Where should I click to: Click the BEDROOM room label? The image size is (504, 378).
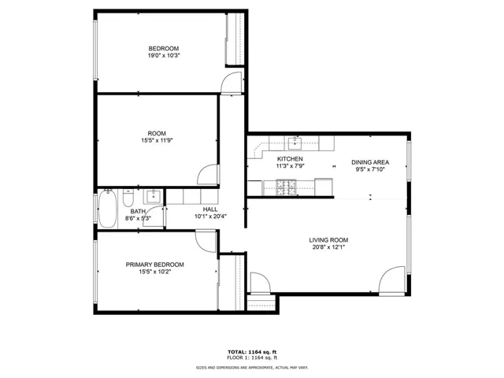[163, 49]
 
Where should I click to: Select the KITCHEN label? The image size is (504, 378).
[290, 159]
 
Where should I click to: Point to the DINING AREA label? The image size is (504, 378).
[370, 162]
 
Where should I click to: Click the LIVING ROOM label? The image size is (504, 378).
[328, 240]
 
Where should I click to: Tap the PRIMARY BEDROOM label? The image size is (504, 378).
[154, 265]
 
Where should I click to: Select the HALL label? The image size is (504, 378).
[210, 209]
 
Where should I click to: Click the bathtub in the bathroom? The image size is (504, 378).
[107, 209]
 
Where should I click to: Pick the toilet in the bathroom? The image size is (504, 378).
[128, 198]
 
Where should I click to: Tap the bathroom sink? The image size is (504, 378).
[153, 196]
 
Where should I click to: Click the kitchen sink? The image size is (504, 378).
[295, 143]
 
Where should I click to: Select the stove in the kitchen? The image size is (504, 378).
[286, 187]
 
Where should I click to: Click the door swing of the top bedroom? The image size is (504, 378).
[231, 83]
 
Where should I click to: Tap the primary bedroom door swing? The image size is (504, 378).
[206, 241]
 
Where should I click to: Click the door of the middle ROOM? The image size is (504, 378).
[208, 175]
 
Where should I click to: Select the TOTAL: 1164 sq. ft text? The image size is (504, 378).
[252, 352]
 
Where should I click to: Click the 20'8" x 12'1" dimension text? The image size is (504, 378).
[328, 247]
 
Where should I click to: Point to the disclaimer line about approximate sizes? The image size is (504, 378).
[252, 368]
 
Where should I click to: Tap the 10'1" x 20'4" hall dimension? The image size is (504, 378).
[210, 217]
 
